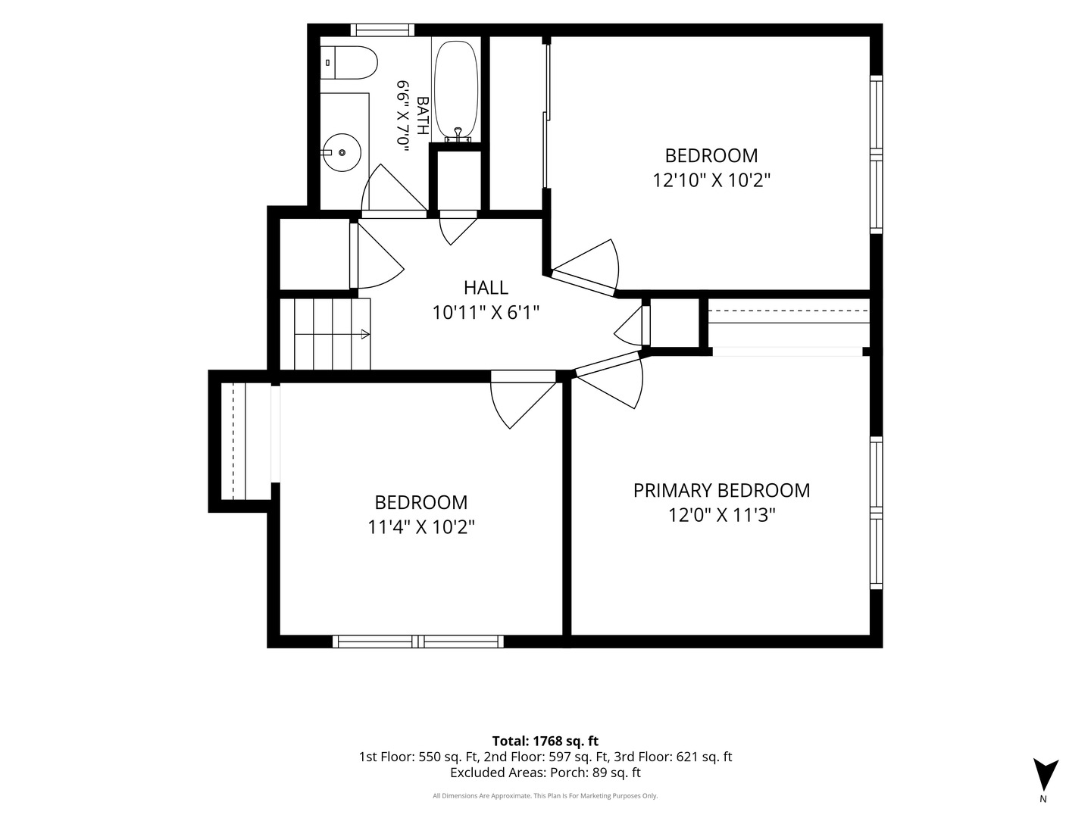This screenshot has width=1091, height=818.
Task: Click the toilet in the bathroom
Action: pyautogui.click(x=349, y=63)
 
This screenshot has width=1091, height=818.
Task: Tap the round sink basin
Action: pyautogui.click(x=342, y=152)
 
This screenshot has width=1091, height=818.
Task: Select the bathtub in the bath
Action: pyautogui.click(x=456, y=90)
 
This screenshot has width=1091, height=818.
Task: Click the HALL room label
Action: pyautogui.click(x=486, y=288)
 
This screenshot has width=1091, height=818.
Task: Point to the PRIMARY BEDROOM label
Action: pyautogui.click(x=721, y=491)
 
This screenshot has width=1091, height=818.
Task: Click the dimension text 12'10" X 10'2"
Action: pyautogui.click(x=711, y=180)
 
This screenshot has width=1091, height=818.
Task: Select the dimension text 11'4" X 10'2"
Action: pyautogui.click(x=421, y=527)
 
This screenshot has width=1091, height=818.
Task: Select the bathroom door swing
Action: pyautogui.click(x=394, y=189)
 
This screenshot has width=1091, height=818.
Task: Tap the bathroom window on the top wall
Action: pyautogui.click(x=382, y=30)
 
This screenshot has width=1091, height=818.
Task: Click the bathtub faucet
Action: pyautogui.click(x=458, y=135)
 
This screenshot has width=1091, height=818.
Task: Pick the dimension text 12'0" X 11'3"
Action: pyautogui.click(x=721, y=516)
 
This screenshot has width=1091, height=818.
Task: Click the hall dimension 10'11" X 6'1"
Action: pyautogui.click(x=486, y=313)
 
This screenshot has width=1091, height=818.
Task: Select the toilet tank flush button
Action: pyautogui.click(x=327, y=63)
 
